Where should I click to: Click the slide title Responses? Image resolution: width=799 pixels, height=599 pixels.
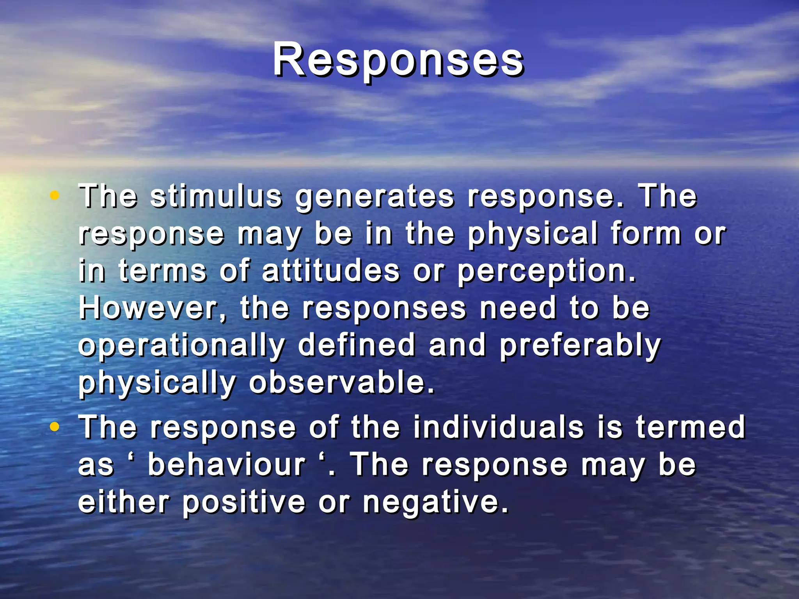pos(398,60)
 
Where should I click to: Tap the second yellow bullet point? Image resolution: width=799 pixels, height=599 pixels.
pos(55,427)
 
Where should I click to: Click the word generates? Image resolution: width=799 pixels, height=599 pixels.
pos(375,197)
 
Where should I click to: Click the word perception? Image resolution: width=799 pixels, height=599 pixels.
pos(546,272)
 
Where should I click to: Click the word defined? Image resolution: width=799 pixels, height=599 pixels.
pos(357,345)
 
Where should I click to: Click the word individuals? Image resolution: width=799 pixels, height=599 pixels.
pos(498,427)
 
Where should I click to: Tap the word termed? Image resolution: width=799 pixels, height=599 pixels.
pos(691,427)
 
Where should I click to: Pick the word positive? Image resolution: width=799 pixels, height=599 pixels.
pos(244,503)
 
